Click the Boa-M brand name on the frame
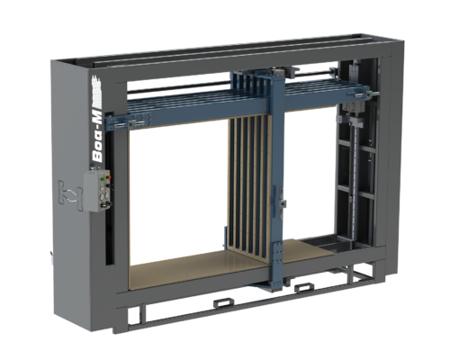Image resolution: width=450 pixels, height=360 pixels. point(97,137)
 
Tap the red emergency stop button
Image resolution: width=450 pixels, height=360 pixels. point(108,177)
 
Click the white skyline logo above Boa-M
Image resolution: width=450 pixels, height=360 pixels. point(96,91)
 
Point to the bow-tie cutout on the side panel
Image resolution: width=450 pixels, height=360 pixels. point(70,195)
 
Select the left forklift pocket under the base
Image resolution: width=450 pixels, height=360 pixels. point(223,303)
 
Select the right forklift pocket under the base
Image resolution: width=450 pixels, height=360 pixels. point(303,288)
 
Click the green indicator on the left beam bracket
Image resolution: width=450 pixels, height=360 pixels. point(131,123)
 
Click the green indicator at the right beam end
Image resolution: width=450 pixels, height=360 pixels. point(370,94)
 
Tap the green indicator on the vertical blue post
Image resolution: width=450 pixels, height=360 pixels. point(283,204)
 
